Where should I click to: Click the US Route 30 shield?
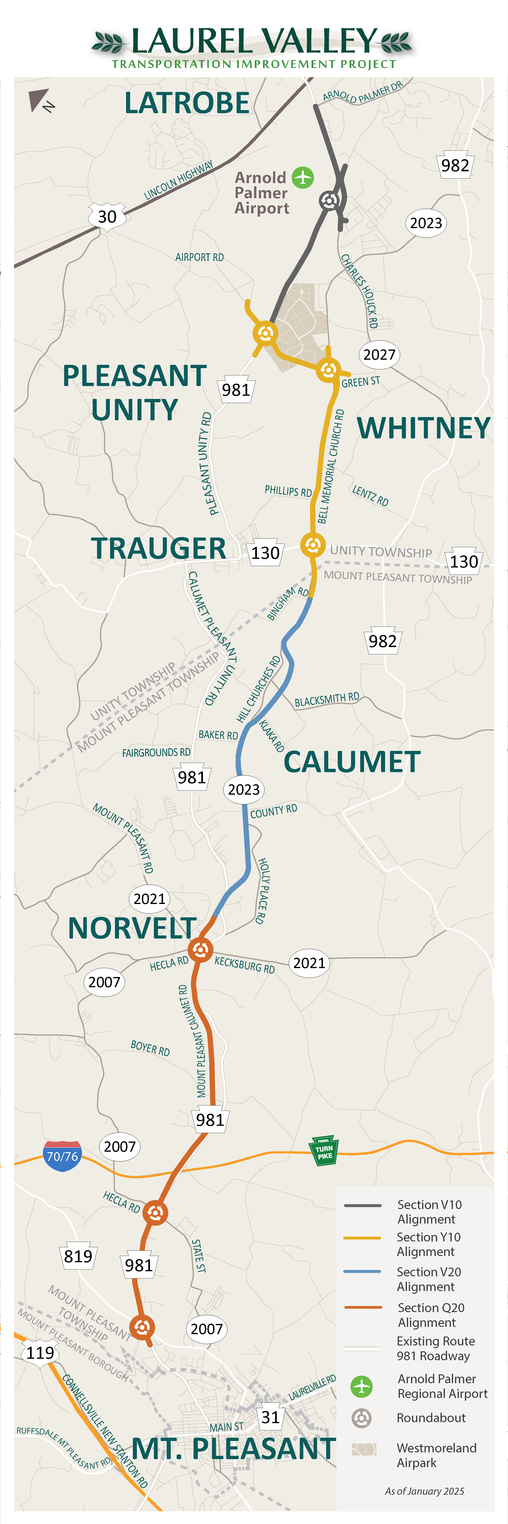[107, 217]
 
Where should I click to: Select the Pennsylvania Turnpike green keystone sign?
[324, 1151]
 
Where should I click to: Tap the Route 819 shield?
[78, 1256]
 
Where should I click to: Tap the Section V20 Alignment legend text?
[429, 1279]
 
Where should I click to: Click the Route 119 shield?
[40, 1352]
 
